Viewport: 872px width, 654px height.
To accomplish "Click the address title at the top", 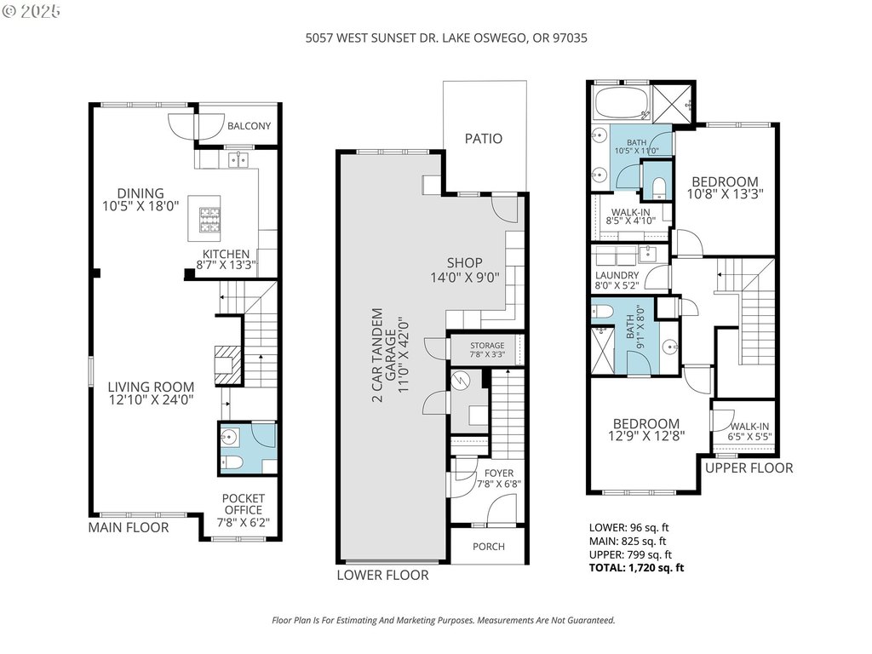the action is pyautogui.click(x=446, y=37).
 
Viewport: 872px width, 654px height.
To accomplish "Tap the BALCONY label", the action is pyautogui.click(x=250, y=126).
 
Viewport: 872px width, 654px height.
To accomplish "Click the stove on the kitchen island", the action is pyautogui.click(x=209, y=219).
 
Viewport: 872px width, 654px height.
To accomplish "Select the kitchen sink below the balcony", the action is pyautogui.click(x=238, y=160).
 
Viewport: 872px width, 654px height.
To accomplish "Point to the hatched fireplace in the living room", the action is pyautogui.click(x=229, y=364).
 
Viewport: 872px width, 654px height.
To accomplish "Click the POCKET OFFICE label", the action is pyautogui.click(x=244, y=504).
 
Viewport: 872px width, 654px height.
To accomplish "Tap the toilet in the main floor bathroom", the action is pyautogui.click(x=230, y=462).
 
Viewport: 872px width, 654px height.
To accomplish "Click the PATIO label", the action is pyautogui.click(x=484, y=139).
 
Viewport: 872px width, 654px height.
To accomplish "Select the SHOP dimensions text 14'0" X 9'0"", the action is pyautogui.click(x=465, y=277).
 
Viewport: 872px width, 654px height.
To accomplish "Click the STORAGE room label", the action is pyautogui.click(x=487, y=346).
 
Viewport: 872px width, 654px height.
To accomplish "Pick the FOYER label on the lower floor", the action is pyautogui.click(x=499, y=473).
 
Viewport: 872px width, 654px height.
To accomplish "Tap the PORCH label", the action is pyautogui.click(x=489, y=547).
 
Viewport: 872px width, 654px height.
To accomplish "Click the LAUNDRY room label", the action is pyautogui.click(x=617, y=275).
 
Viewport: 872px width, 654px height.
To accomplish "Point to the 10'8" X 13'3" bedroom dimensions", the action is pyautogui.click(x=726, y=194).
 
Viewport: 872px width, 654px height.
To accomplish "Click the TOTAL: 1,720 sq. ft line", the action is pyautogui.click(x=637, y=568).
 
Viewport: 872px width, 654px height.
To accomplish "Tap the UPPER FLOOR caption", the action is pyautogui.click(x=749, y=468).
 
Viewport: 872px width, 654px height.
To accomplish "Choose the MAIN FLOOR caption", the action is pyautogui.click(x=129, y=527).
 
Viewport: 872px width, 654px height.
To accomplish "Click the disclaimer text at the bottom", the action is pyautogui.click(x=443, y=620).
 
